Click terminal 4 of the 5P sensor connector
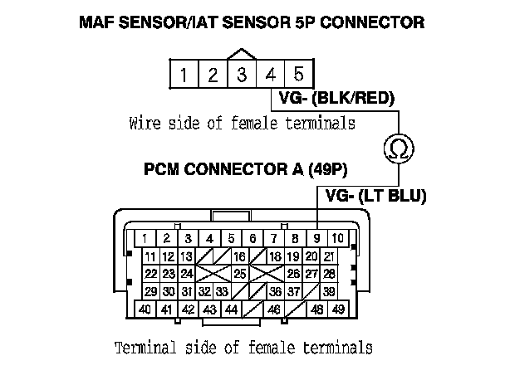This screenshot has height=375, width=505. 271,75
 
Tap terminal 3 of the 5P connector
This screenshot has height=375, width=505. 242,75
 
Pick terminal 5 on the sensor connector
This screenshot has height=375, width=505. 298,75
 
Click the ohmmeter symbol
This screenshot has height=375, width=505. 397,149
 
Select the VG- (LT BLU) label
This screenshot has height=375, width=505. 376,197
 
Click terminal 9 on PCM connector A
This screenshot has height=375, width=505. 318,238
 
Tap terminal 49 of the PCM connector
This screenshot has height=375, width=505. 337,309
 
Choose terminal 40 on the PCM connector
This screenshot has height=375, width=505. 145,309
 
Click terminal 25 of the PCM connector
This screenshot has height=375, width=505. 239,273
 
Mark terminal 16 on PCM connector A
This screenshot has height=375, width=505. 239,256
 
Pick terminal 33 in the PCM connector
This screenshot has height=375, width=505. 222,291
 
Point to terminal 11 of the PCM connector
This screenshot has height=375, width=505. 150,256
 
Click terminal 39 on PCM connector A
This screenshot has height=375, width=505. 329,291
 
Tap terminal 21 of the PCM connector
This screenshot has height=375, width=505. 329,256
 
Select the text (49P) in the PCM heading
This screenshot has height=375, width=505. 326,170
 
